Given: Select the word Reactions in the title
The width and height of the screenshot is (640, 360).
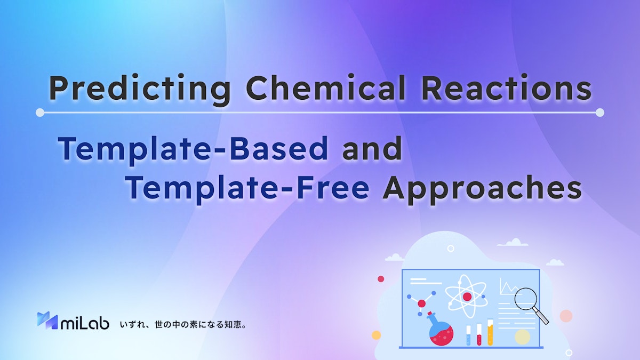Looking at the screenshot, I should point(506,89).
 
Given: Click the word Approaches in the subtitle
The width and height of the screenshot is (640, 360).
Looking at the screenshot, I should point(482,189).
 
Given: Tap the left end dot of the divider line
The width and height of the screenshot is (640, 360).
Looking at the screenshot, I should point(40,113).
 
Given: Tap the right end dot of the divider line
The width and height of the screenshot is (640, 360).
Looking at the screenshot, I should point(599,113).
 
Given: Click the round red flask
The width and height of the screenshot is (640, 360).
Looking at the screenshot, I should point(441,333).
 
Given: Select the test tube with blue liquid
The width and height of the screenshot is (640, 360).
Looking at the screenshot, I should point(469,334).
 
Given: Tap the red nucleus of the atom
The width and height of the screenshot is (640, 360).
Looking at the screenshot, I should point(467,297).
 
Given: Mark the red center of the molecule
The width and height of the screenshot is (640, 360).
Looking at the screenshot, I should point(421,303).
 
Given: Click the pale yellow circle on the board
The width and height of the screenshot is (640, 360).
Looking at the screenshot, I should point(522,337).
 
